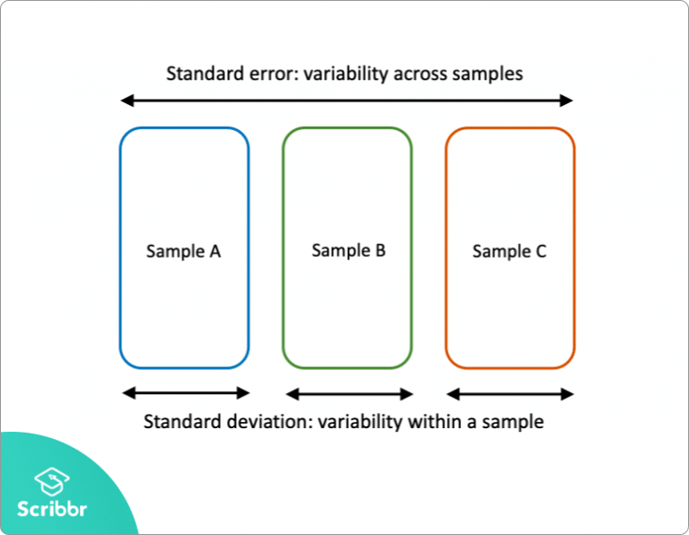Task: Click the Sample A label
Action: coord(183,251)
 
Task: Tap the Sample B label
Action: coord(348,250)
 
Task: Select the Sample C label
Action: coord(509,251)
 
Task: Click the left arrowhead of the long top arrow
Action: coord(126,100)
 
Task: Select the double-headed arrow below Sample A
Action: coord(186,392)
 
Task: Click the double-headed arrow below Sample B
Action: coord(349,393)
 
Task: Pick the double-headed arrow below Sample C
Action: coord(510,393)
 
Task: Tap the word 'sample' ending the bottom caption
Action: coord(513,421)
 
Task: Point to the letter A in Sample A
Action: coord(214,251)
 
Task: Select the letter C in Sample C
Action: coord(540,251)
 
